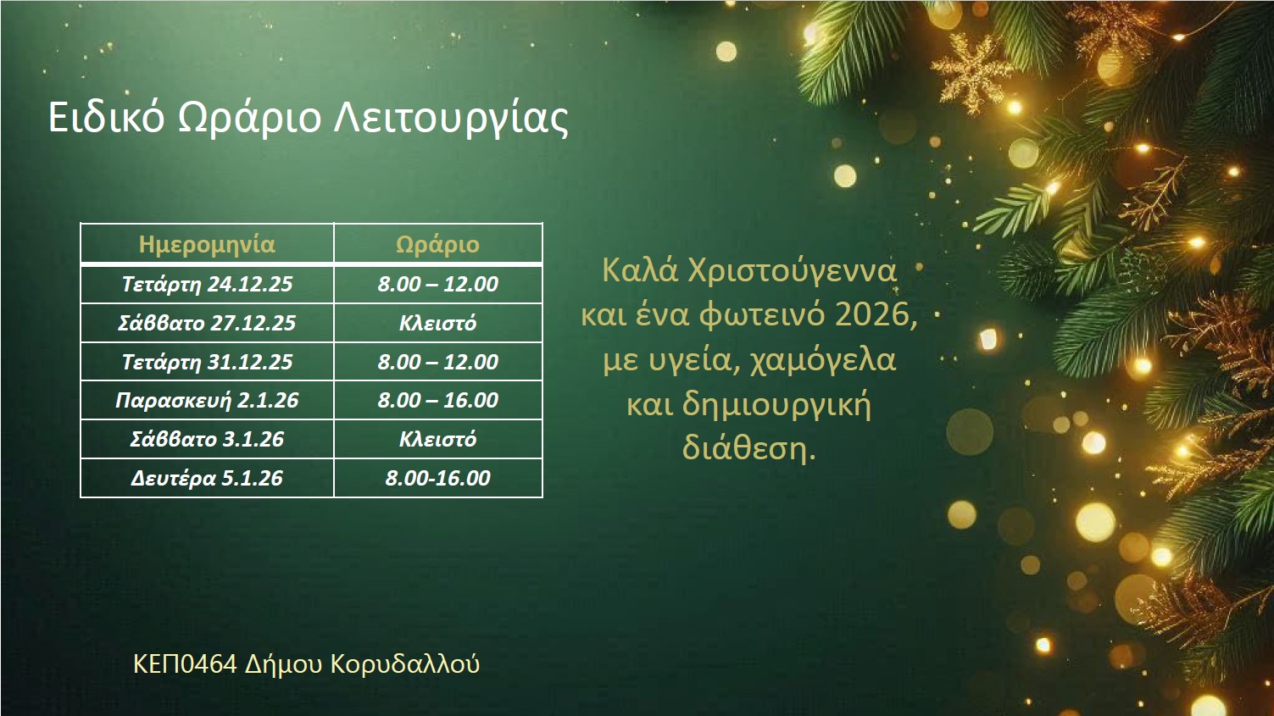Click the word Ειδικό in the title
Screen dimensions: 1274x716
click(106, 118)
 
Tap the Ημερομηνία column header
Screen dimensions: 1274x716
click(207, 245)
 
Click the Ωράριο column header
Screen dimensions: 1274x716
click(438, 245)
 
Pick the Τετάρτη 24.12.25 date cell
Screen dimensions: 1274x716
click(207, 284)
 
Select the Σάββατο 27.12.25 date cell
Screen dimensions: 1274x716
click(207, 323)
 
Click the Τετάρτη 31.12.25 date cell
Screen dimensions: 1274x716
click(207, 362)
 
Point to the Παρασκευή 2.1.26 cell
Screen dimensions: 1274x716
click(207, 401)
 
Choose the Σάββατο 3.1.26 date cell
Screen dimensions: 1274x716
click(207, 439)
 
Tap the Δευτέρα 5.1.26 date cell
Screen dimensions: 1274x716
click(207, 478)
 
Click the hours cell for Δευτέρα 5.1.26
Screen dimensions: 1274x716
click(438, 478)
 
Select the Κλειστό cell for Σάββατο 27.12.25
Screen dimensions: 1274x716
click(438, 323)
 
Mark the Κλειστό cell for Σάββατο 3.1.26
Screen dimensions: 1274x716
click(438, 439)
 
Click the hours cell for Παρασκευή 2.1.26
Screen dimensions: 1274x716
click(438, 401)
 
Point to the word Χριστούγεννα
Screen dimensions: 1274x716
click(793, 272)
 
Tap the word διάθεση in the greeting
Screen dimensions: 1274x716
click(745, 448)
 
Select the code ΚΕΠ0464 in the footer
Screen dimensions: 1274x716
click(185, 664)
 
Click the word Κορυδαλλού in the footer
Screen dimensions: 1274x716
click(405, 664)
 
